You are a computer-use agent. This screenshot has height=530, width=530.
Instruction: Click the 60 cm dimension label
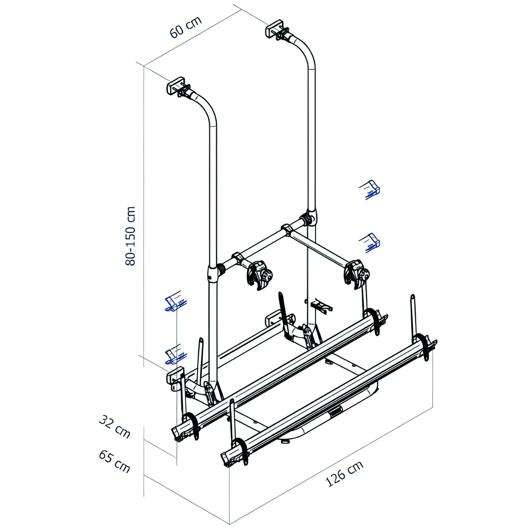click(x=186, y=27)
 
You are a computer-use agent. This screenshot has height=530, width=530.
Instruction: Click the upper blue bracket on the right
click(x=370, y=189)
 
